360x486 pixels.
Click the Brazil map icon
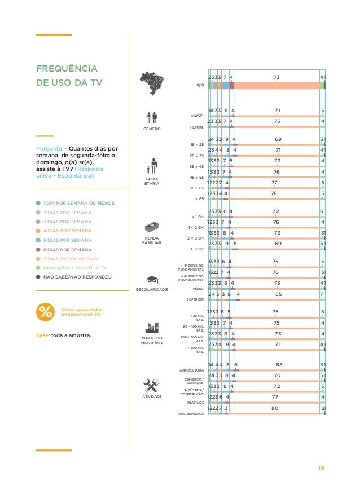click(152, 83)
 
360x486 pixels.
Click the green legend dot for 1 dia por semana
click(37, 202)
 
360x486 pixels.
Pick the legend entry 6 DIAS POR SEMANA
click(67, 249)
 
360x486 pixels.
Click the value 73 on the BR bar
click(276, 77)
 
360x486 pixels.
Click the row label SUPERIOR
click(195, 299)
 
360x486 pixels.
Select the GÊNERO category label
click(152, 129)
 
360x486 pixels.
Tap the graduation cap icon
click(152, 279)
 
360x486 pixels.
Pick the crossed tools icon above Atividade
click(152, 385)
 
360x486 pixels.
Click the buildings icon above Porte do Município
click(152, 329)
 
